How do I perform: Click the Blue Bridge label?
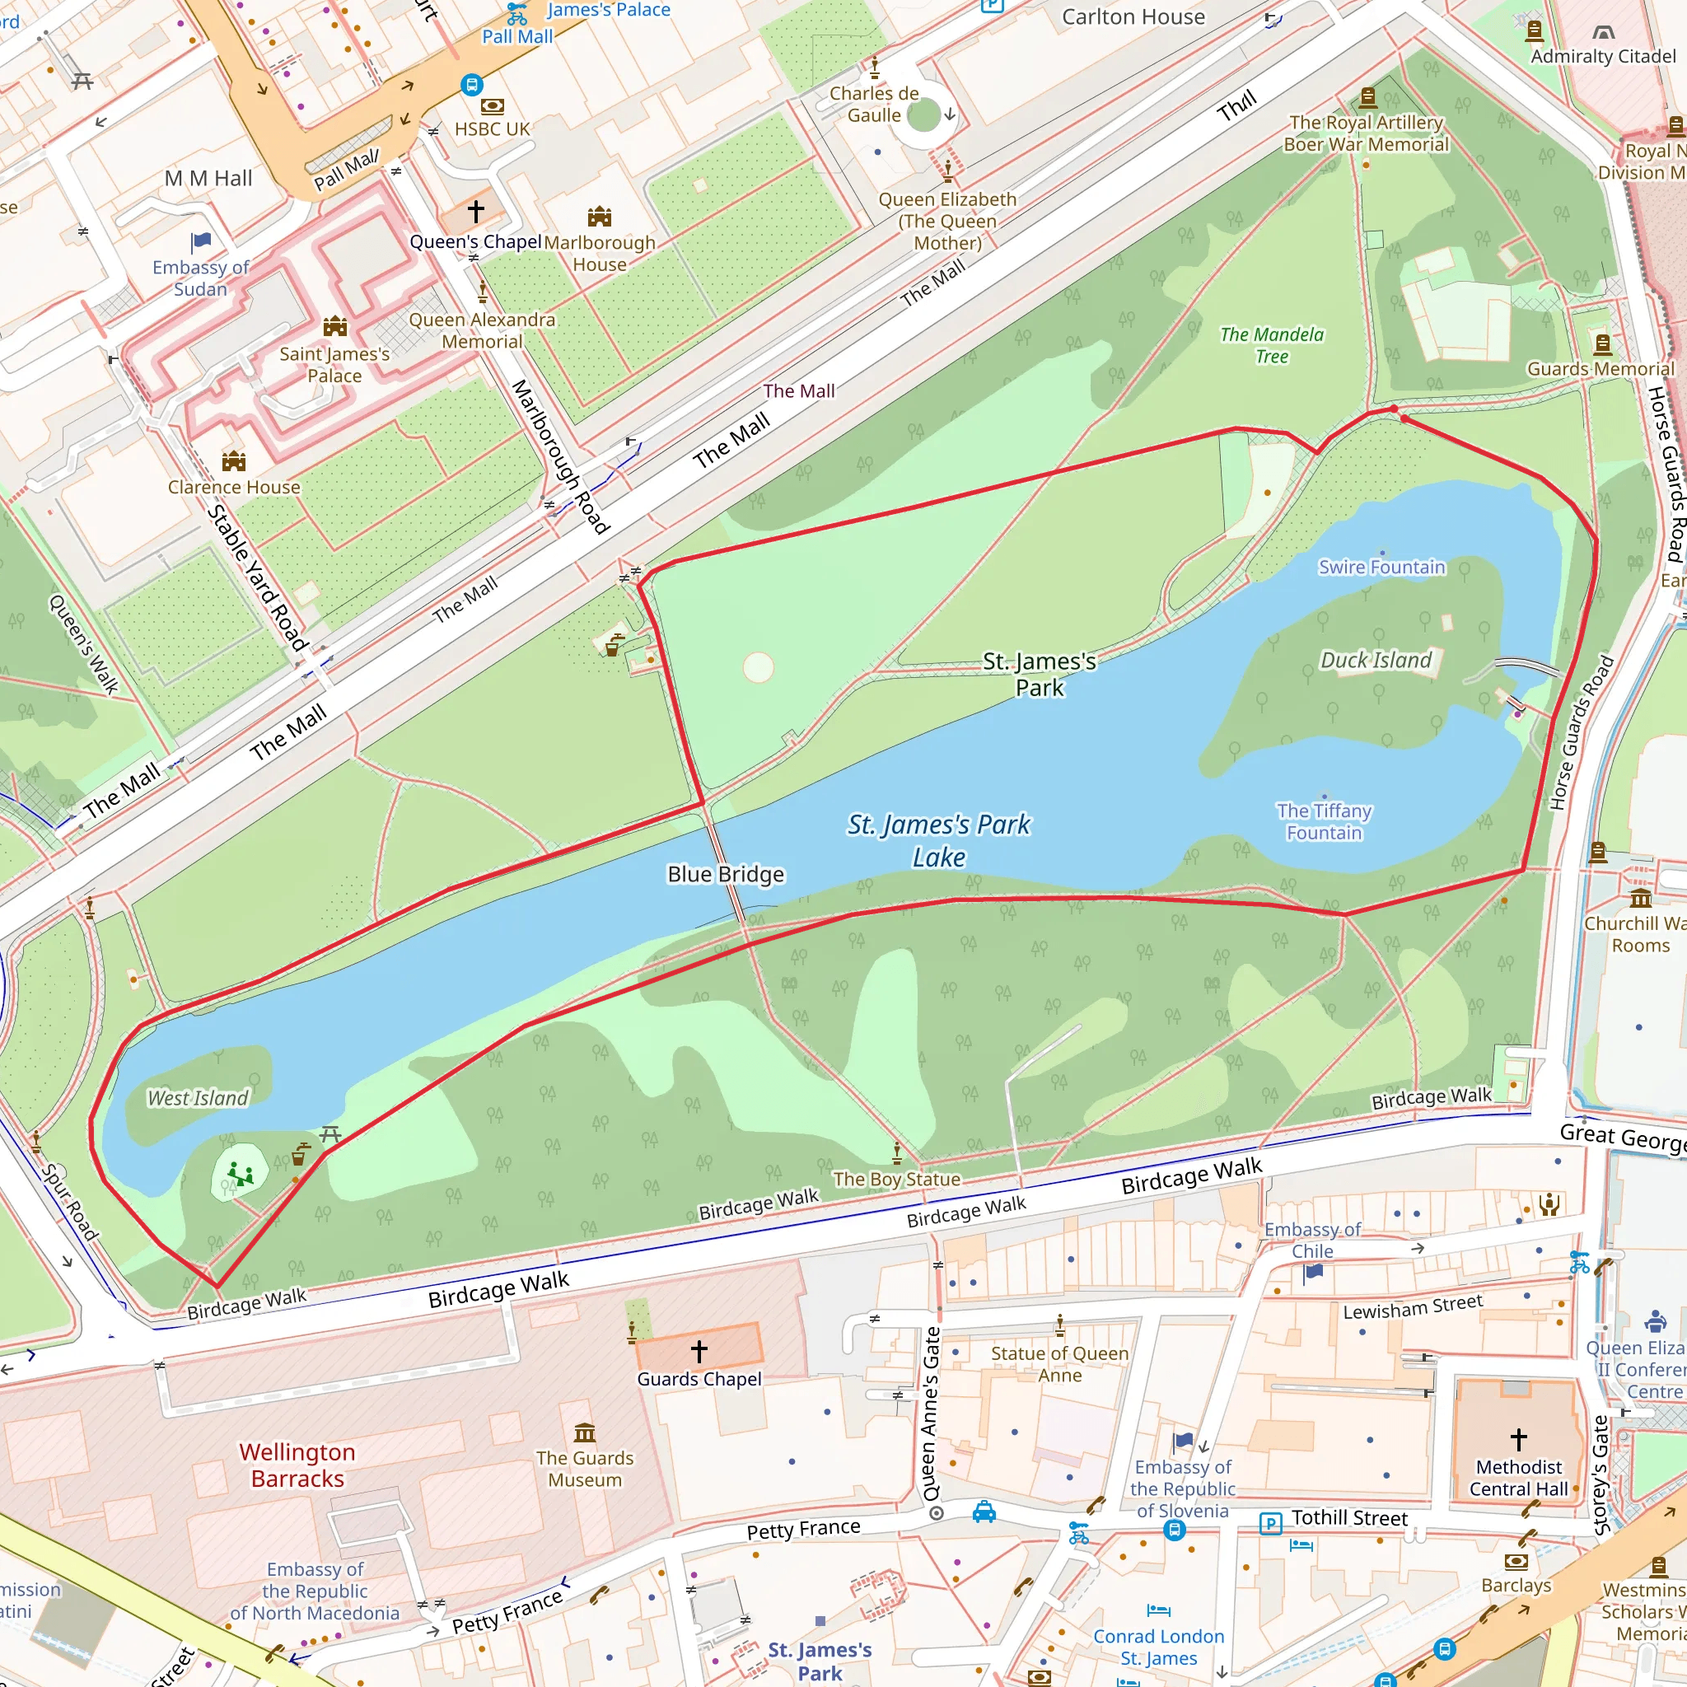pos(725,874)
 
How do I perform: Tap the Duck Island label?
pos(1376,660)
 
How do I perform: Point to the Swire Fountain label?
pos(1381,567)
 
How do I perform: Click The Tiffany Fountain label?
pos(1323,820)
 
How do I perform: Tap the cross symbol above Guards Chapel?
pos(699,1351)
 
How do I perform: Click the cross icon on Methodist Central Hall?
pos(1518,1438)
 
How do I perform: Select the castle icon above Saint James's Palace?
pos(335,326)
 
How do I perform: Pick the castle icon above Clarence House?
pos(233,460)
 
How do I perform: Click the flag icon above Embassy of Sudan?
pos(201,241)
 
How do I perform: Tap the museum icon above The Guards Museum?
pos(584,1433)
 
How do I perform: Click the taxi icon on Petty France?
pos(984,1512)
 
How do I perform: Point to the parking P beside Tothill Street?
pos(1270,1524)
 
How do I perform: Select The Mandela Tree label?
pos(1271,345)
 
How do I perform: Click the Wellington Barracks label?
pos(297,1465)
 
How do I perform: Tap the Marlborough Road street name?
pos(558,456)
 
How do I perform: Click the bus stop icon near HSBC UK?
pos(471,85)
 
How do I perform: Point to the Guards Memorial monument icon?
pos(1602,344)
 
